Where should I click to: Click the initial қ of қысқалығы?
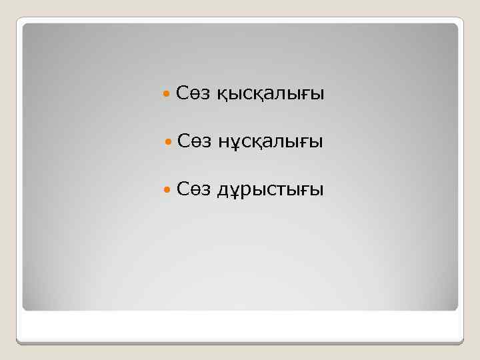[x=221, y=97]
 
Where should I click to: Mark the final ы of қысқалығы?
[x=318, y=96]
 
